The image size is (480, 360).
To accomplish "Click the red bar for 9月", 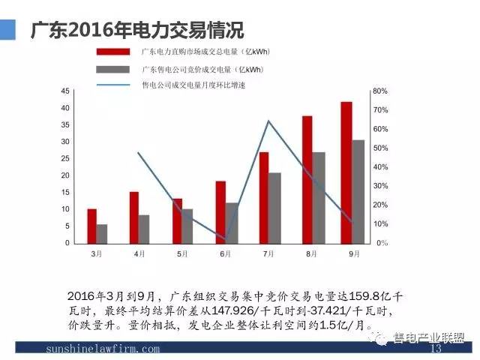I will [346, 172].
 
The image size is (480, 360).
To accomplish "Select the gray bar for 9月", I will [358, 192].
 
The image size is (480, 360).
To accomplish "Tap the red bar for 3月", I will [91, 226].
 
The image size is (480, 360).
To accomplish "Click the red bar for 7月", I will [264, 198].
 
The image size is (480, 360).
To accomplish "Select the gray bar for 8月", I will [319, 198].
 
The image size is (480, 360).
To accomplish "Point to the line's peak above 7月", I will [268, 121].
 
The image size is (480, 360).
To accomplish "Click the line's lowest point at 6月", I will [226, 239].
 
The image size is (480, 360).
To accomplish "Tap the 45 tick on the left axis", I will [65, 91].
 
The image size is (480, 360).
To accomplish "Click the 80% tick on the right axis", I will [379, 91].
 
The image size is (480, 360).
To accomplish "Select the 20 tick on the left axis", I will [65, 175].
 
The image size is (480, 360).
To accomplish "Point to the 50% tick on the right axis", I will [379, 148].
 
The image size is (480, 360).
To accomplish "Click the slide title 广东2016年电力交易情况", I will [136, 31].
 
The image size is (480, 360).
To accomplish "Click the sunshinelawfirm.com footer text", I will [103, 349].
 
